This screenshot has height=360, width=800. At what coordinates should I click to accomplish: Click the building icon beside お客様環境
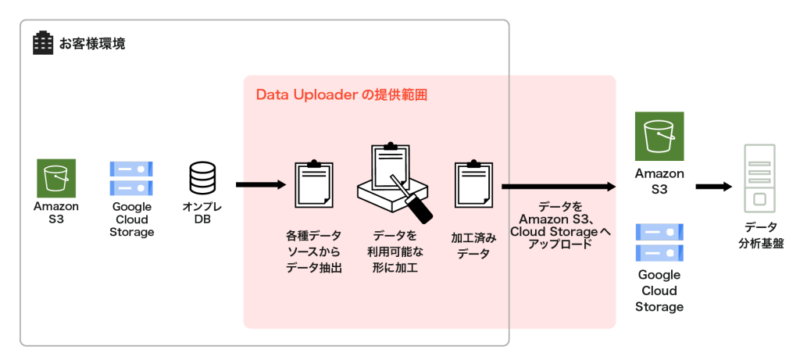(42, 42)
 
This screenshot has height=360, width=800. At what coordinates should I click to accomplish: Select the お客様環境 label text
(92, 43)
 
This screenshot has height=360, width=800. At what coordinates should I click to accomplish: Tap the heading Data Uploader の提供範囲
(342, 94)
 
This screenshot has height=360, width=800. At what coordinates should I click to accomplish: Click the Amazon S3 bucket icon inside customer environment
(56, 178)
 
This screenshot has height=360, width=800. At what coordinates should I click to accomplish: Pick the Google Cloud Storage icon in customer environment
(131, 178)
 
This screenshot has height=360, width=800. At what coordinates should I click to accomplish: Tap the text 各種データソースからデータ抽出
(315, 251)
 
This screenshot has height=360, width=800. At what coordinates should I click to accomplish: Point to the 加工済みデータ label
(473, 244)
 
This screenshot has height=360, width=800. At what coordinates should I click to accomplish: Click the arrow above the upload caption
(558, 187)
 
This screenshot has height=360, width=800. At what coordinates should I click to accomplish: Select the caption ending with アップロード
(559, 226)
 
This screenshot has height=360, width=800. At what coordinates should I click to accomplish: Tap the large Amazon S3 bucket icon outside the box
(659, 136)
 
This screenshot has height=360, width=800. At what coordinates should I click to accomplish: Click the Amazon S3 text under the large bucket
(659, 181)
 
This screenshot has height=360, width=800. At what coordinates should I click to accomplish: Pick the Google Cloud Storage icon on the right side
(659, 243)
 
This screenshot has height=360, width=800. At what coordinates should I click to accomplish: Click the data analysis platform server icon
(759, 179)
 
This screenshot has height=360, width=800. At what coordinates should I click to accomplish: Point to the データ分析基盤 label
(759, 235)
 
